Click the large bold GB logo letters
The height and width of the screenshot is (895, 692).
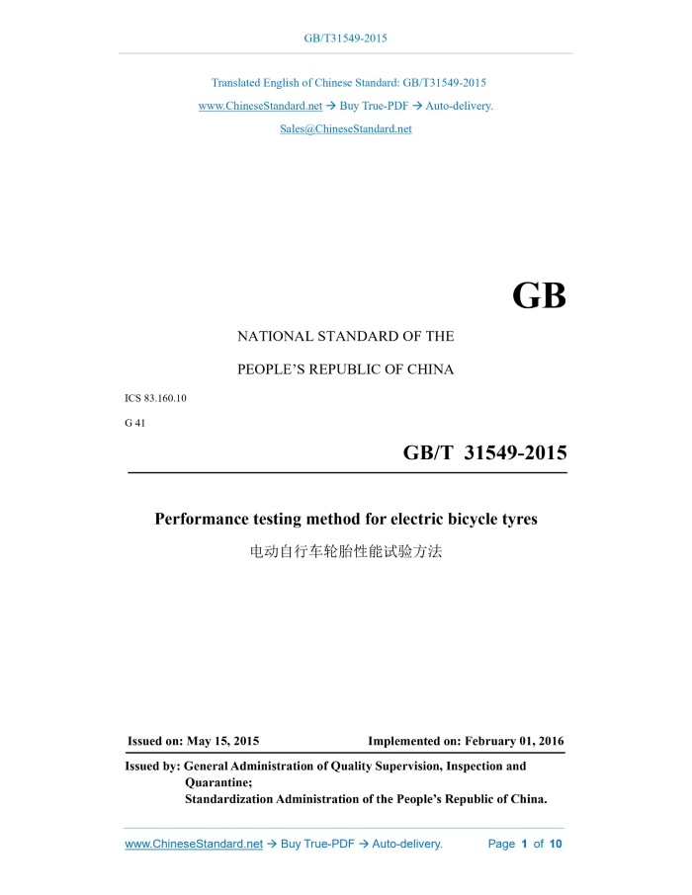(x=539, y=296)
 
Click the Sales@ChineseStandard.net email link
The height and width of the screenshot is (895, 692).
(x=345, y=129)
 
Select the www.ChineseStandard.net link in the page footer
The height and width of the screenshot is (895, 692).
(x=194, y=845)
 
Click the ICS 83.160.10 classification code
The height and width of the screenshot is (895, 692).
(x=155, y=399)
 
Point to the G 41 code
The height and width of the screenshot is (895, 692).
(x=134, y=423)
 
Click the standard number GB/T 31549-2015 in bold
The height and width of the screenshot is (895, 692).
(x=484, y=453)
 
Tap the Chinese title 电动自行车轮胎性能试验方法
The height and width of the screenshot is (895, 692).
(x=345, y=550)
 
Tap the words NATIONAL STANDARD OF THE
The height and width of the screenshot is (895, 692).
(x=345, y=336)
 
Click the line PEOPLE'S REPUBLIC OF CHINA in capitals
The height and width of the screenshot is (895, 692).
(x=345, y=369)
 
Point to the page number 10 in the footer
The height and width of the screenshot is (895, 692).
(x=556, y=845)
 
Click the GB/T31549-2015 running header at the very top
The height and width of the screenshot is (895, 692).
(x=345, y=39)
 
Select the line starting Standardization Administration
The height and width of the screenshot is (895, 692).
(x=366, y=799)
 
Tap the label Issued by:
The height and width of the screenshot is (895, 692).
(x=152, y=766)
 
